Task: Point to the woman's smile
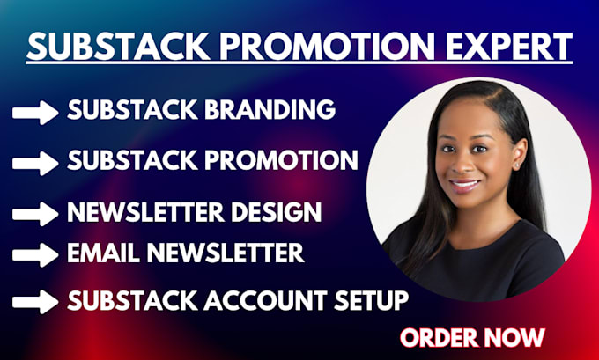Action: point(464,186)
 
